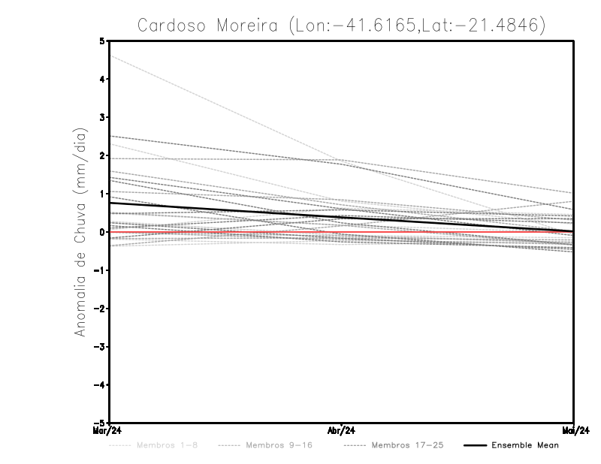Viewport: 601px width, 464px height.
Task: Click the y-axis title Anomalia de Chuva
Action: click(80, 232)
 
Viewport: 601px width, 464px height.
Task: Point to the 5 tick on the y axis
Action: click(102, 41)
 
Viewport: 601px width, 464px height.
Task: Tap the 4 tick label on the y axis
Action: click(102, 79)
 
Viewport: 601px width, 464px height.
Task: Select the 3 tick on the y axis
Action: click(102, 117)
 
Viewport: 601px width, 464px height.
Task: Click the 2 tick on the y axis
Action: click(102, 155)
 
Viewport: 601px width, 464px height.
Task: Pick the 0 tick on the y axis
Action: click(102, 232)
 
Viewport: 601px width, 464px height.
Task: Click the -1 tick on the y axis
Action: click(101, 270)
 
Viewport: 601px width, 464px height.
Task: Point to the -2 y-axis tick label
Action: click(101, 309)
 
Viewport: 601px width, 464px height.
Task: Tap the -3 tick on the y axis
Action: click(101, 347)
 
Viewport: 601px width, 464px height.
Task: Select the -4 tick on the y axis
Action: click(101, 385)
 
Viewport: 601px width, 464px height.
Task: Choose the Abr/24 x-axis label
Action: click(342, 431)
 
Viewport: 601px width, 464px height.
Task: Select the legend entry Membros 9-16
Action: click(279, 446)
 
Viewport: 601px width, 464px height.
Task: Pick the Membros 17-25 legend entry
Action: click(407, 446)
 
